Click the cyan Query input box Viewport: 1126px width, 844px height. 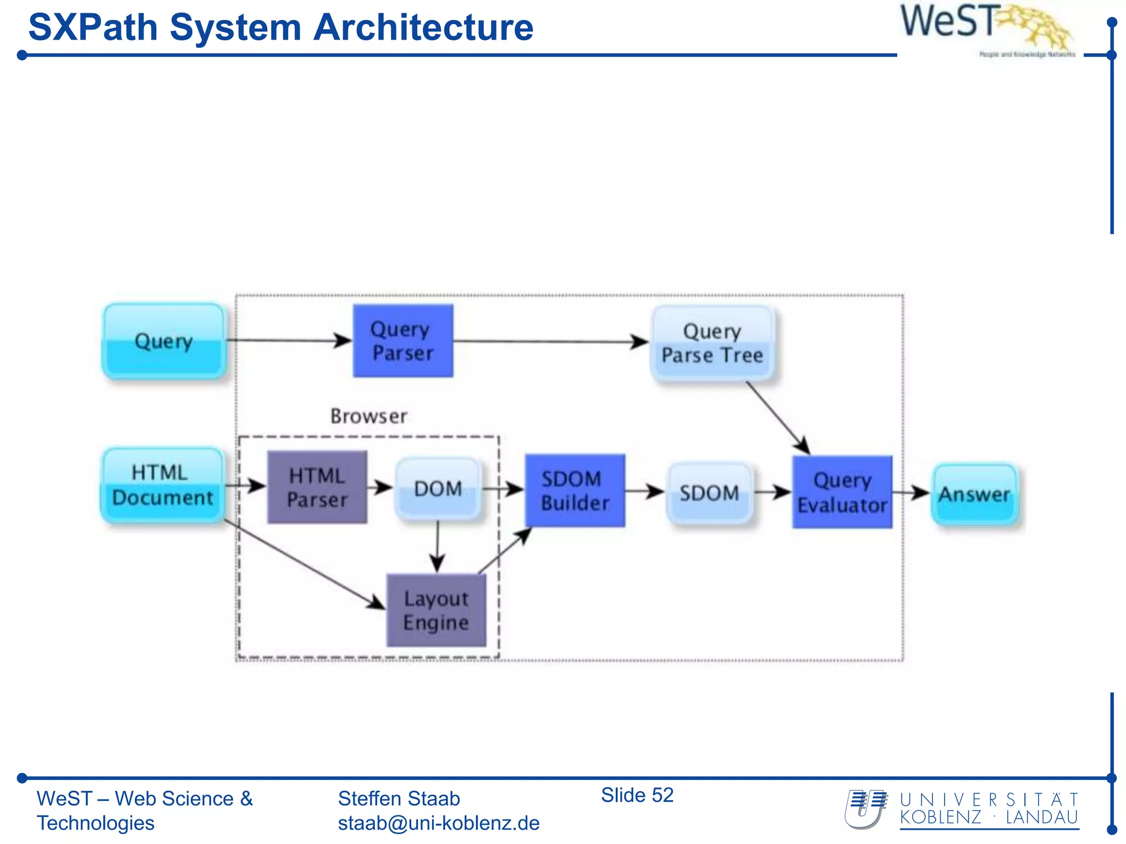pos(164,341)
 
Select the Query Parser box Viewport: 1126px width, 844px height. pos(402,341)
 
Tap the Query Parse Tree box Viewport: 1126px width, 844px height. pos(713,343)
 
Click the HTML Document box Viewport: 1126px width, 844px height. pos(163,485)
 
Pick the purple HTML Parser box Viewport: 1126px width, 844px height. pos(317,487)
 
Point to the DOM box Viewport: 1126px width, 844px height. pos(438,488)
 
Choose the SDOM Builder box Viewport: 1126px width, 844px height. pos(575,491)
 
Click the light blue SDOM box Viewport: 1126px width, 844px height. pos(709,492)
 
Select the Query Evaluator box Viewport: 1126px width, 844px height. pos(842,492)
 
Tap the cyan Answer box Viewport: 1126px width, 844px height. pos(974,494)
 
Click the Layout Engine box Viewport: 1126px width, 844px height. pos(436,610)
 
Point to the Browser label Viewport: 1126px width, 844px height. pos(368,416)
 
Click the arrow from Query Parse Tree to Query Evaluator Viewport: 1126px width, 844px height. pos(777,418)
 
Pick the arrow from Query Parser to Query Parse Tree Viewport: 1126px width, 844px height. pos(550,341)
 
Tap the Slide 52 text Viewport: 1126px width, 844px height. pos(637,795)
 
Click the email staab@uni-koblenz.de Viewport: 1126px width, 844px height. pos(438,823)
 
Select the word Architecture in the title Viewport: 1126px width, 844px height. pos(423,27)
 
